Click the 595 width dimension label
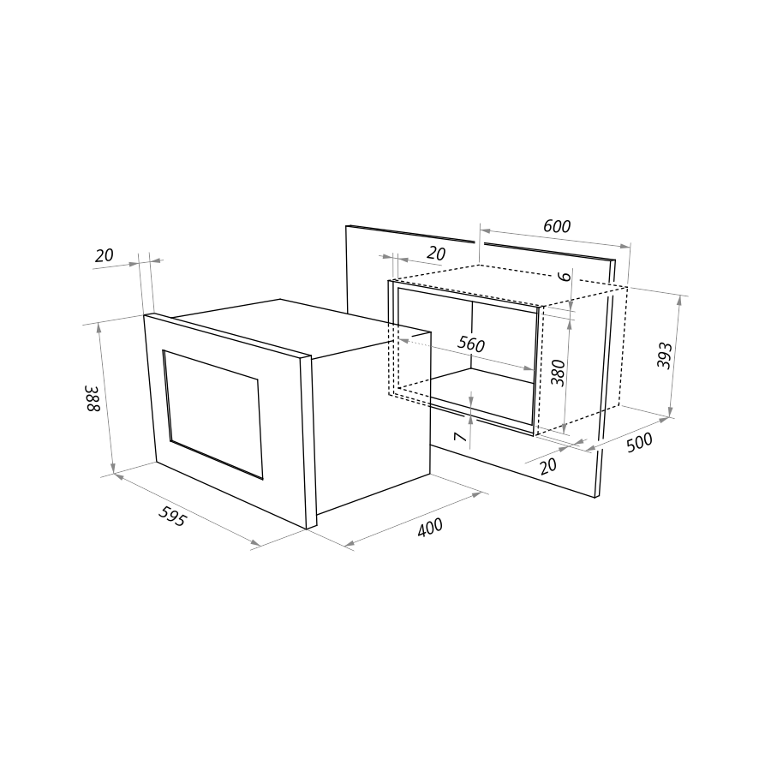(172, 517)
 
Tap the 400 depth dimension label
(430, 528)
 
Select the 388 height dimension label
(93, 398)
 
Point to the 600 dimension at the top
(557, 226)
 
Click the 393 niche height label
(664, 355)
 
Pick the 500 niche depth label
(639, 442)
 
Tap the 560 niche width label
(471, 344)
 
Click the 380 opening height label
(558, 373)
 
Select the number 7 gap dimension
(459, 437)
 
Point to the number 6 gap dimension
(565, 276)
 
